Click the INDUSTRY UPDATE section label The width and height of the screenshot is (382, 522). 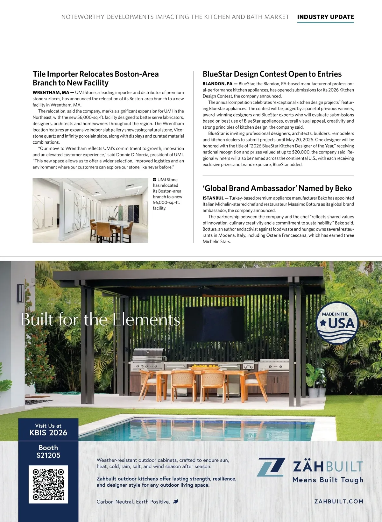click(325, 17)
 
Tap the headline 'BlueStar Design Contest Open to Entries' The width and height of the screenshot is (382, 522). click(272, 74)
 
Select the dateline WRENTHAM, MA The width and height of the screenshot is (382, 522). click(51, 93)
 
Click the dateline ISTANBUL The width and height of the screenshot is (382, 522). click(213, 198)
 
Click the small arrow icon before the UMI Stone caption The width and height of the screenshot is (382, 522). click(154, 180)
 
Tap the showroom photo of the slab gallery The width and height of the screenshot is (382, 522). click(90, 210)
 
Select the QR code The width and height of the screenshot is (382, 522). click(48, 484)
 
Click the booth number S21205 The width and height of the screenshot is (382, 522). click(48, 455)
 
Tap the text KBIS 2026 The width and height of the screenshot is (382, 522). click(48, 433)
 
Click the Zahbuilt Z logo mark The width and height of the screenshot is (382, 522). click(271, 467)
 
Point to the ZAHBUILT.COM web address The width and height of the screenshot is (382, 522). click(339, 501)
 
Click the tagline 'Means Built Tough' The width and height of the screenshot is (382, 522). click(328, 480)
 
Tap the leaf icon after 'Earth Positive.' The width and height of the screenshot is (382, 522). click(175, 502)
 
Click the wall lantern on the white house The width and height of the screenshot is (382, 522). click(21, 293)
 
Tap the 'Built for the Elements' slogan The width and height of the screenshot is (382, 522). click(101, 319)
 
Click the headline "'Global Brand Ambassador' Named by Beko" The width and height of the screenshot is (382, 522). click(277, 189)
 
